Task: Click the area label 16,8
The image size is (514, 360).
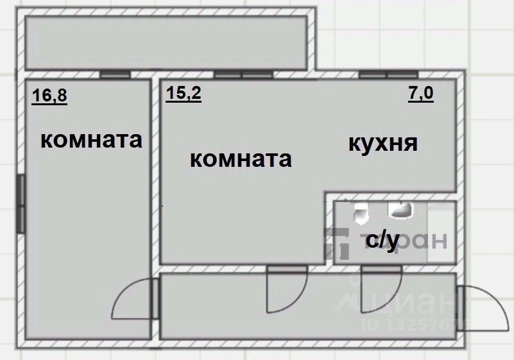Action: click(x=49, y=96)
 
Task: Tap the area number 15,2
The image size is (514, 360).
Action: click(x=184, y=94)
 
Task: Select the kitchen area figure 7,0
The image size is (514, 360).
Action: click(x=421, y=94)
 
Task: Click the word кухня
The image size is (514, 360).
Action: click(x=383, y=143)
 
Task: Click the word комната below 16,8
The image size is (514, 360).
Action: click(x=91, y=140)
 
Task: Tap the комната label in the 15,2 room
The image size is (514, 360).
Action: click(x=241, y=159)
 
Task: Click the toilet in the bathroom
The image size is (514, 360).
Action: click(x=361, y=212)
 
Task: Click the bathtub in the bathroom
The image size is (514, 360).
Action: click(x=441, y=232)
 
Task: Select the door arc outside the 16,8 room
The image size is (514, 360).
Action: click(x=132, y=300)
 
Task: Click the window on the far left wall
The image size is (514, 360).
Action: click(x=21, y=205)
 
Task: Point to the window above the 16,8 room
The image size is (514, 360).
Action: click(x=116, y=74)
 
